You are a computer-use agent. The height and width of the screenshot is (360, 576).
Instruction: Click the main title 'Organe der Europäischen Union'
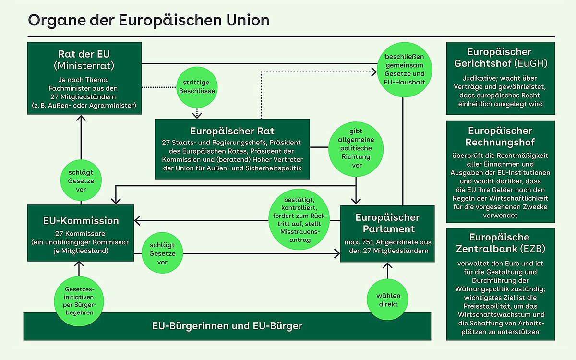coord(148,21)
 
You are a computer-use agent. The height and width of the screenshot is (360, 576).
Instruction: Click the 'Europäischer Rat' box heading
coord(232,131)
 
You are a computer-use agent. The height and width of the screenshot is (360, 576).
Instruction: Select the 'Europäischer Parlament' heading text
coord(387,223)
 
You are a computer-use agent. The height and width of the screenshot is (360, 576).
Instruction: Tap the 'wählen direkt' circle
coord(388,300)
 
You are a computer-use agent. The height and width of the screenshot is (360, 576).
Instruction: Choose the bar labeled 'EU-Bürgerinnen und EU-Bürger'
coord(227,326)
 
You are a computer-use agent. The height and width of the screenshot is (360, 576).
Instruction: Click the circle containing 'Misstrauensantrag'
coord(298,221)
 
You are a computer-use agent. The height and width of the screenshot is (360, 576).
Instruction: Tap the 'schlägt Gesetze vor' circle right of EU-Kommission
coord(162,253)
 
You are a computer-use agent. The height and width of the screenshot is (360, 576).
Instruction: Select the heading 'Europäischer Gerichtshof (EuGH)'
coord(500,57)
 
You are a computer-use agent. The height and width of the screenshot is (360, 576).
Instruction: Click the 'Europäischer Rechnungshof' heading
coord(500,136)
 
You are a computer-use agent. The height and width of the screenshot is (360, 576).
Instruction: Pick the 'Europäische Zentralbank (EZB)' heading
coord(500,243)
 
